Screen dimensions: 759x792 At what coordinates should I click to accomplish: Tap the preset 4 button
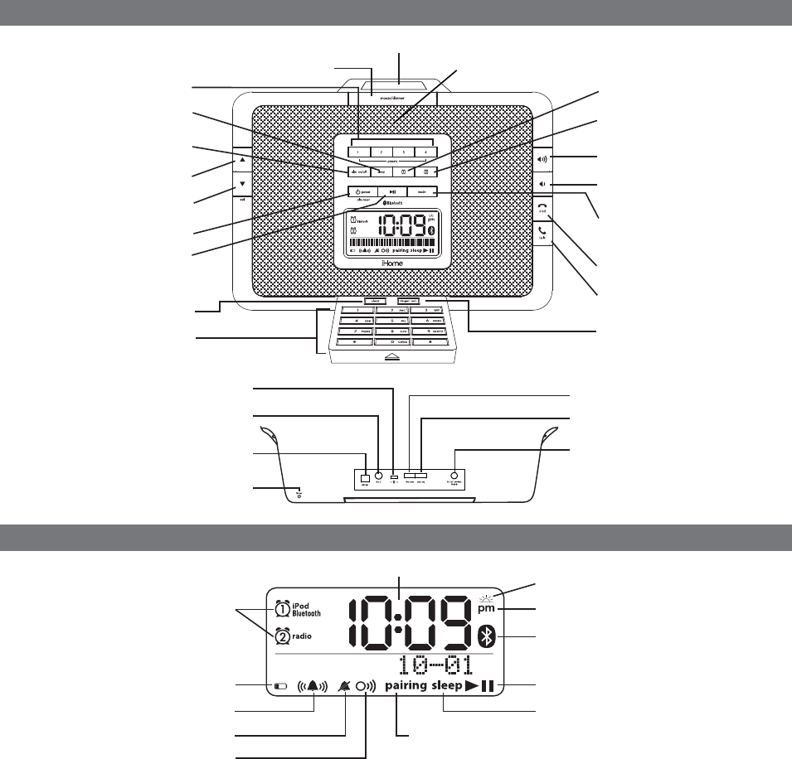pyautogui.click(x=425, y=152)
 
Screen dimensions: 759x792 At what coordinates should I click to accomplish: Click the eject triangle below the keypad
pyautogui.click(x=392, y=356)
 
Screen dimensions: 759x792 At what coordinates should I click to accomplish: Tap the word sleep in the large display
pyautogui.click(x=451, y=686)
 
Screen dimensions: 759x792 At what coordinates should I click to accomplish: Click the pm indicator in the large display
pyautogui.click(x=487, y=609)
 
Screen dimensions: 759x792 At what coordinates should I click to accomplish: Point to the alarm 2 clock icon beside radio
pyautogui.click(x=282, y=636)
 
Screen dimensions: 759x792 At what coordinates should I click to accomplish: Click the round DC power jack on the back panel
pyautogui.click(x=455, y=477)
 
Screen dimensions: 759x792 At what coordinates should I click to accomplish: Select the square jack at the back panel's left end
pyautogui.click(x=365, y=478)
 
